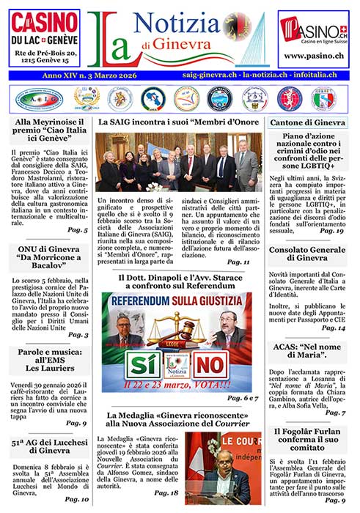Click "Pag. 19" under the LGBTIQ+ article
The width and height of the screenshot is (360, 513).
click(x=331, y=231)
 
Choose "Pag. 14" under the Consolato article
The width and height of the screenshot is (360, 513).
click(x=331, y=328)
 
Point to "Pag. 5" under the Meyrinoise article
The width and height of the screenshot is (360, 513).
click(x=76, y=229)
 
